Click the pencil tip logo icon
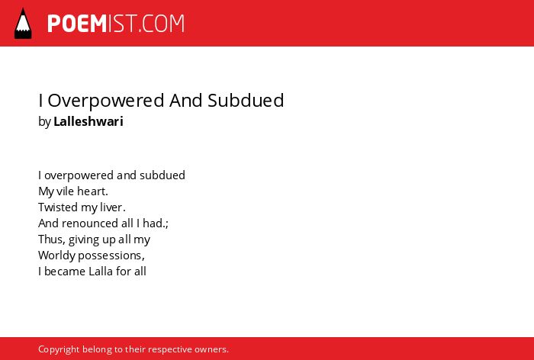pyautogui.click(x=23, y=24)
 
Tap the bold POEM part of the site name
pyautogui.click(x=77, y=24)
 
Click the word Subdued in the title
pyautogui.click(x=246, y=100)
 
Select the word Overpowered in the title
pyautogui.click(x=106, y=101)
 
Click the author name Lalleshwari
pyautogui.click(x=88, y=121)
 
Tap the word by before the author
pyautogui.click(x=44, y=122)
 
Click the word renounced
pyautogui.click(x=90, y=223)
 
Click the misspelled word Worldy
pyautogui.click(x=57, y=256)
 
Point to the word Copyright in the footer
pyautogui.click(x=59, y=349)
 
